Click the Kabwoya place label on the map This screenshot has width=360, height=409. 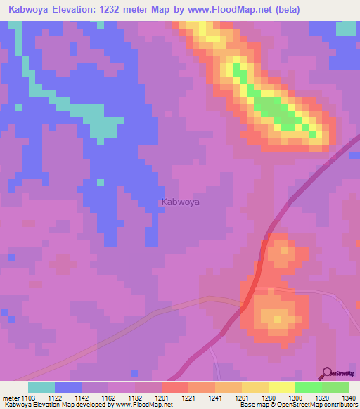[x=181, y=202]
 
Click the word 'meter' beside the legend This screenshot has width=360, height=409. [x=11, y=398]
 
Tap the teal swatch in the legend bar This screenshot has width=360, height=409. [x=41, y=387]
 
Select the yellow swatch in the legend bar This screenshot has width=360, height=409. [x=282, y=387]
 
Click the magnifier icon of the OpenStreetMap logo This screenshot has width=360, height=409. [x=326, y=374]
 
